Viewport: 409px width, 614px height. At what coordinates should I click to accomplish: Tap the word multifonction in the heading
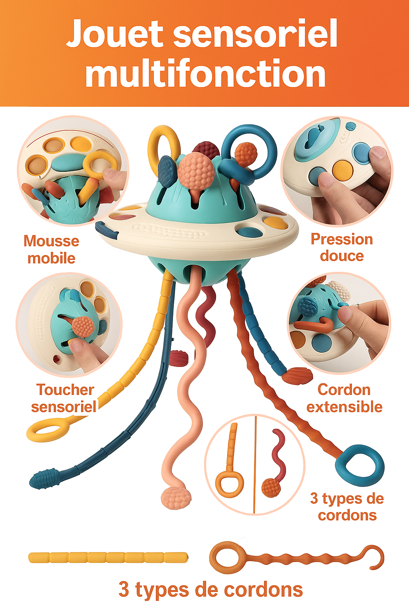[x=205, y=74]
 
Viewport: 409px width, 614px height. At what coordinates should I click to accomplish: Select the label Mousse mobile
[x=51, y=249]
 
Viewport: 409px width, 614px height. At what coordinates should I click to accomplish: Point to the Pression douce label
[x=342, y=247]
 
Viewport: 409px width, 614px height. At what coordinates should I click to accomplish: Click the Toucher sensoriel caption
[x=64, y=398]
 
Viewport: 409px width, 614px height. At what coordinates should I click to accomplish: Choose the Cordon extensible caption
[x=344, y=398]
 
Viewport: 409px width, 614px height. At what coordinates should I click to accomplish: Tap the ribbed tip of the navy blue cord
[x=43, y=478]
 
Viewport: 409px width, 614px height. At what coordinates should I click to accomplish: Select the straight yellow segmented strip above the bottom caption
[x=108, y=557]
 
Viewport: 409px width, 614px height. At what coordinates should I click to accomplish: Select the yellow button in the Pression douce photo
[x=343, y=170]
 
